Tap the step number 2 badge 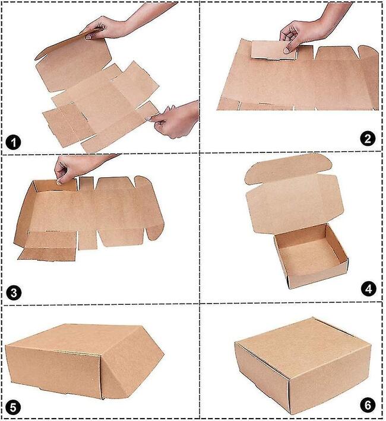(x=368, y=139)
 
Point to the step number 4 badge (x=369, y=289)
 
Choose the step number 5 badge (x=13, y=407)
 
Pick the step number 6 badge (x=368, y=405)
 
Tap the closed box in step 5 (x=84, y=362)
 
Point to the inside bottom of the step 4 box (x=309, y=257)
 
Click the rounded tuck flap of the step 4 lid (x=288, y=167)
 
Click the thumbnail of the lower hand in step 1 (x=148, y=118)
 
